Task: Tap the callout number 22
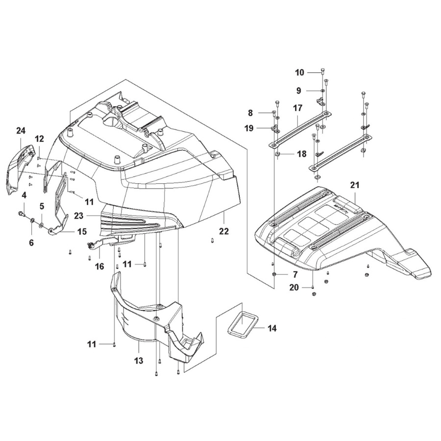pyautogui.click(x=224, y=231)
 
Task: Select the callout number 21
pyautogui.click(x=355, y=185)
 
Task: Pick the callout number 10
pyautogui.click(x=299, y=73)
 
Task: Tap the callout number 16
pyautogui.click(x=99, y=267)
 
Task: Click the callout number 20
pyautogui.click(x=294, y=288)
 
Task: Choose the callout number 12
pyautogui.click(x=39, y=139)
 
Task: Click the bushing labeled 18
pyautogui.click(x=277, y=155)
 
